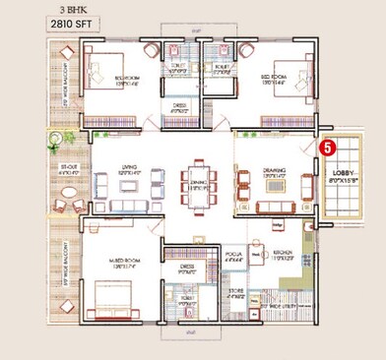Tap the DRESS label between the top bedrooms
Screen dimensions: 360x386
coord(179,109)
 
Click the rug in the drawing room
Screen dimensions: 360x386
coord(275,184)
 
